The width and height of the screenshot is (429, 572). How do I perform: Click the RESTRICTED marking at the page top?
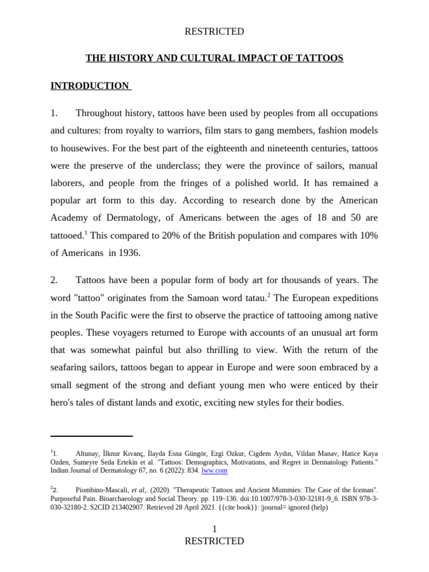pyautogui.click(x=214, y=31)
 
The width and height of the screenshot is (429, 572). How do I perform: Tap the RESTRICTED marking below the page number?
pyautogui.click(x=214, y=541)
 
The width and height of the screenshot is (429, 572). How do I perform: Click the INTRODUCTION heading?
pyautogui.click(x=89, y=86)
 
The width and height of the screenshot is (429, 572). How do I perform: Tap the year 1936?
pyautogui.click(x=130, y=253)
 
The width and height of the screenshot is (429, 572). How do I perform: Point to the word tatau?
pyautogui.click(x=252, y=297)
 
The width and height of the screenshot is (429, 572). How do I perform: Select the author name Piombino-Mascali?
pyautogui.click(x=104, y=489)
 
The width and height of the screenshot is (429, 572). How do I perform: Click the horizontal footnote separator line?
pyautogui.click(x=92, y=436)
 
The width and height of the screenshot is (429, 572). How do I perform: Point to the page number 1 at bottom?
pyautogui.click(x=214, y=528)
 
